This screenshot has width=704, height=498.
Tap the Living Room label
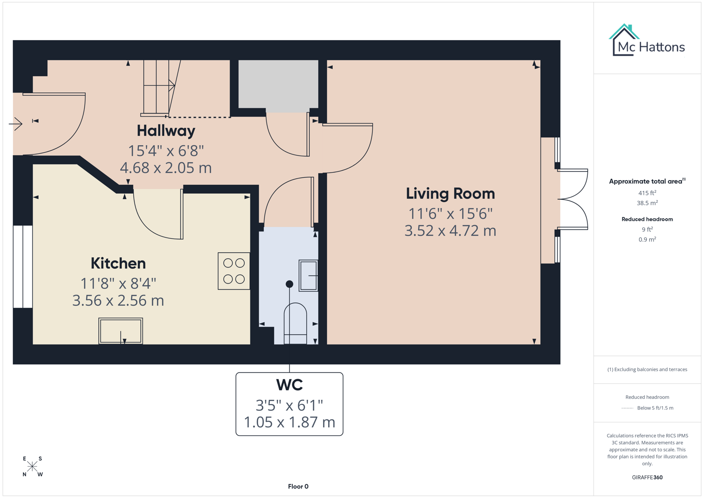(450, 194)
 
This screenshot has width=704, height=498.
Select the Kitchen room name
(118, 263)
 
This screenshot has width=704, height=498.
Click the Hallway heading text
(166, 131)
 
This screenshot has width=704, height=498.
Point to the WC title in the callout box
(289, 385)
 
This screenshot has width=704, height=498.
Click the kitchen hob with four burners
(234, 271)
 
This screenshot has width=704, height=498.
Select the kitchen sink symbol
(120, 331)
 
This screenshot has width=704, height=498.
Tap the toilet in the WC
(295, 323)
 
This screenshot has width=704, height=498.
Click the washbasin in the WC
(308, 275)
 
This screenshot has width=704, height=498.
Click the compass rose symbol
(32, 467)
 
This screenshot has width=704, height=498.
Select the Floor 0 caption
(298, 486)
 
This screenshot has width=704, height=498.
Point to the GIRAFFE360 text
(647, 477)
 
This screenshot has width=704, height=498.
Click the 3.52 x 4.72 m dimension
(450, 231)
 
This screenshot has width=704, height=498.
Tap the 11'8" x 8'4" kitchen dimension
(118, 283)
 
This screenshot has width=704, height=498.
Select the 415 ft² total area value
(647, 193)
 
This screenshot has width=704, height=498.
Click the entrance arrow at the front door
(16, 124)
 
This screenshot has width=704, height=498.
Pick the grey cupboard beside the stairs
(278, 84)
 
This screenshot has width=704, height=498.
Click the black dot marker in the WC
(289, 284)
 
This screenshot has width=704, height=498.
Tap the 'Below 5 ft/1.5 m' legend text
(655, 408)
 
